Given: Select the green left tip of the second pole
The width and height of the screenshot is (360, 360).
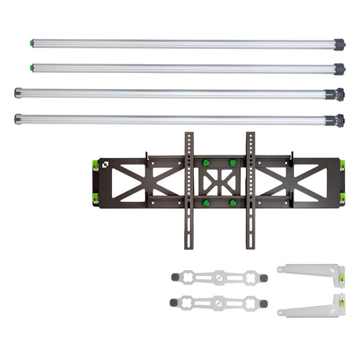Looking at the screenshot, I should click(32, 66).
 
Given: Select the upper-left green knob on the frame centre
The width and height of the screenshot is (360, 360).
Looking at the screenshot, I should click(205, 163).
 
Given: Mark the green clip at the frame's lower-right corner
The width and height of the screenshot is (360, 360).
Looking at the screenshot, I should click(343, 197).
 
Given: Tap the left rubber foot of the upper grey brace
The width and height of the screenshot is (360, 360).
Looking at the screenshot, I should click(176, 278).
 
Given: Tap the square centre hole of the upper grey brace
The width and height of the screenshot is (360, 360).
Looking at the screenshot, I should click(220, 278).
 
